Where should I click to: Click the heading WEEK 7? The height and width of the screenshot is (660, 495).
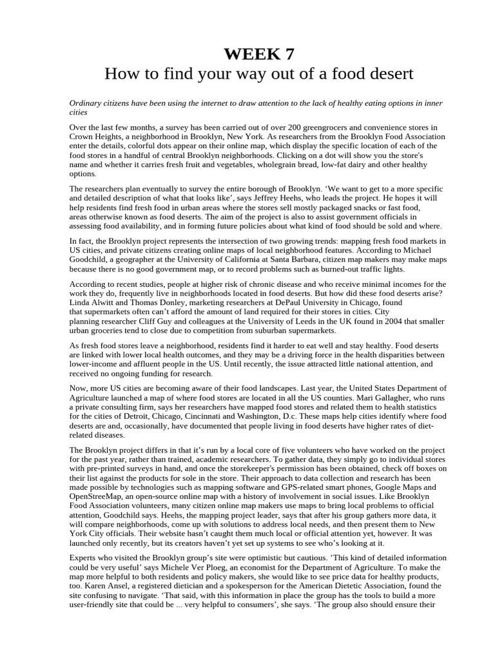[x=247, y=53]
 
